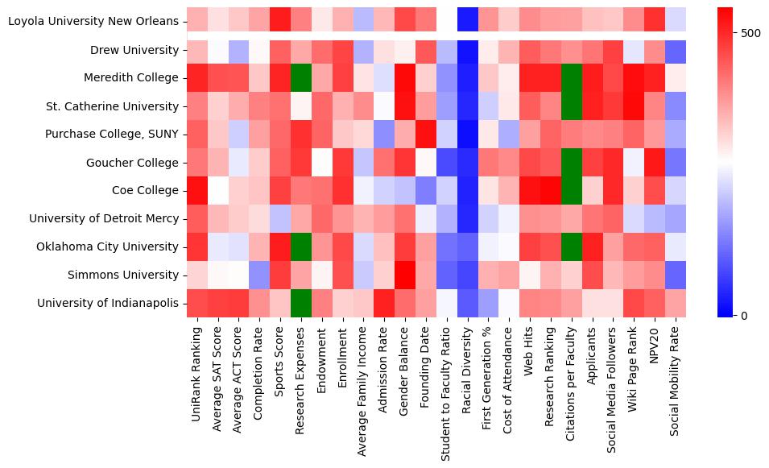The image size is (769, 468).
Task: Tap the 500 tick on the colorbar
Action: pos(750,33)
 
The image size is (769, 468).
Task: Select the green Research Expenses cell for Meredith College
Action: pos(300,78)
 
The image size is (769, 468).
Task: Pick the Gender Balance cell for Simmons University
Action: pos(405,275)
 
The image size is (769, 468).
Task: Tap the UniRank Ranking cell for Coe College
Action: pos(196,191)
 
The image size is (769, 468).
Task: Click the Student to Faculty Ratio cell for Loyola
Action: pos(447,21)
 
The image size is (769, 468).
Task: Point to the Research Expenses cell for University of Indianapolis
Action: pos(300,304)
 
